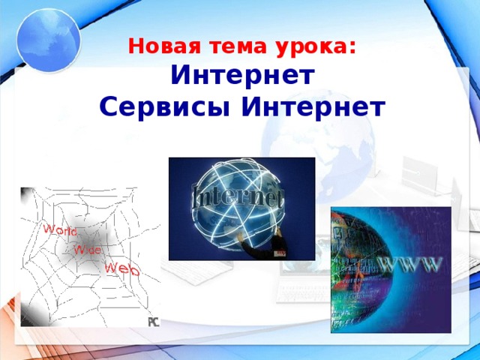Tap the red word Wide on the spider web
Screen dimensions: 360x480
[x=87, y=249]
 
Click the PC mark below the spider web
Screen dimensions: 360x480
[x=153, y=322]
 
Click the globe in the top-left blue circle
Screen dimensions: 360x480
[x=46, y=39]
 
